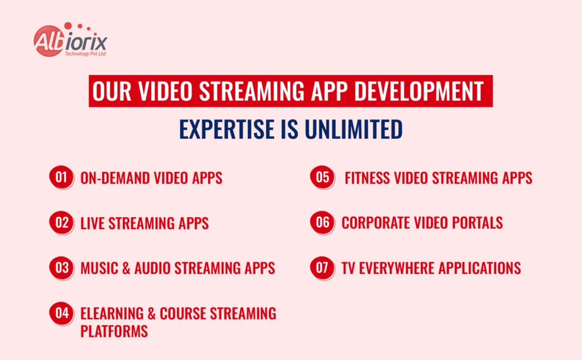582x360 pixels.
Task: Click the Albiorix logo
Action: [x=70, y=41]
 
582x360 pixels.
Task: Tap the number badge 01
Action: [x=61, y=177]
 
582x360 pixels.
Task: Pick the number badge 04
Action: [x=61, y=313]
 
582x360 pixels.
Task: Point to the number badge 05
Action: [x=322, y=177]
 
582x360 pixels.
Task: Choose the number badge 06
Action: [x=322, y=222]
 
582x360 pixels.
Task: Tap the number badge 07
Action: [x=322, y=267]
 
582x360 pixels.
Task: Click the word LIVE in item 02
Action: [x=92, y=223]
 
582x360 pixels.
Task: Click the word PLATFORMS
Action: [x=114, y=330]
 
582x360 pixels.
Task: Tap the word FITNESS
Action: [x=368, y=178]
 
